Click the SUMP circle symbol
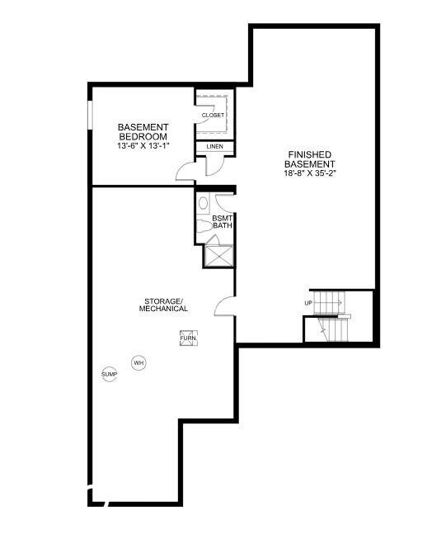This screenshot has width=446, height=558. point(109,374)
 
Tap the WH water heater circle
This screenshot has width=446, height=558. point(138,363)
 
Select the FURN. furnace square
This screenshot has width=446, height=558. point(189,338)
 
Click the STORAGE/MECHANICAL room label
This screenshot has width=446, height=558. point(163,305)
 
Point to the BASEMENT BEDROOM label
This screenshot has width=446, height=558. point(143,132)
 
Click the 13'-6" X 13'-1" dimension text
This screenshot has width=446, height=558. point(143,145)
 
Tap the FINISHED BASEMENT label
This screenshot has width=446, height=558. point(309,159)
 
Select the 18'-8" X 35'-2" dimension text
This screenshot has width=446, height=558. point(310,173)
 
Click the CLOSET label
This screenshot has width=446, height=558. point(213,116)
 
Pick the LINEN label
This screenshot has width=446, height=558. point(214,146)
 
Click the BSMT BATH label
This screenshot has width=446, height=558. point(223,222)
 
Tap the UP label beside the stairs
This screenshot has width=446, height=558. point(308,303)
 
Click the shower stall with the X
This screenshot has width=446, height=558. point(218,256)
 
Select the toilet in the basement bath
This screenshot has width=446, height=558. point(204,226)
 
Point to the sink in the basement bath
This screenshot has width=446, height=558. point(204,203)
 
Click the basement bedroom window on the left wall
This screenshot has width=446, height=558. point(90,116)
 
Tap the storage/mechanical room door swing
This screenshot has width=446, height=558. point(224,306)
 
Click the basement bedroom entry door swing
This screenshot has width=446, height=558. point(185,171)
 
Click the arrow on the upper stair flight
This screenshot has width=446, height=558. point(329,303)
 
